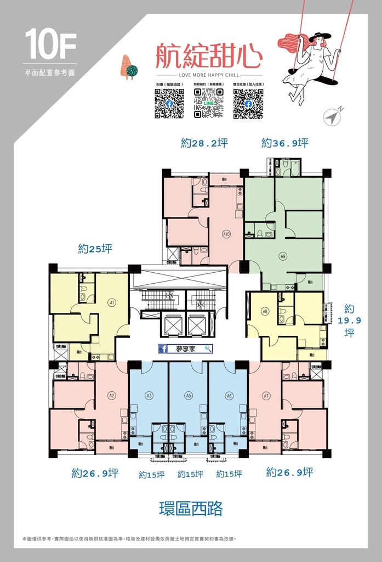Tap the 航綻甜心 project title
coord(209,56)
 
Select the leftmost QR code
coord(169,104)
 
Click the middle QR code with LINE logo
coord(208,104)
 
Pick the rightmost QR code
coord(248,104)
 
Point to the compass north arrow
coord(332,116)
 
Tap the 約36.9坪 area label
coord(284,143)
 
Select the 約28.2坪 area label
coord(204,143)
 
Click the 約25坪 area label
coord(95,249)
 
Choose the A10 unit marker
coord(226,234)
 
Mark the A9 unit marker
coord(283,255)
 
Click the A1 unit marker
coord(112,302)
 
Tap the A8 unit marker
coord(265,311)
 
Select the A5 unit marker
coord(189,394)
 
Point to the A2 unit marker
coord(112,395)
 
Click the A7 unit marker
coord(266,395)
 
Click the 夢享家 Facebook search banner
coord(185,349)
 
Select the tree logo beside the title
coord(129,68)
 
